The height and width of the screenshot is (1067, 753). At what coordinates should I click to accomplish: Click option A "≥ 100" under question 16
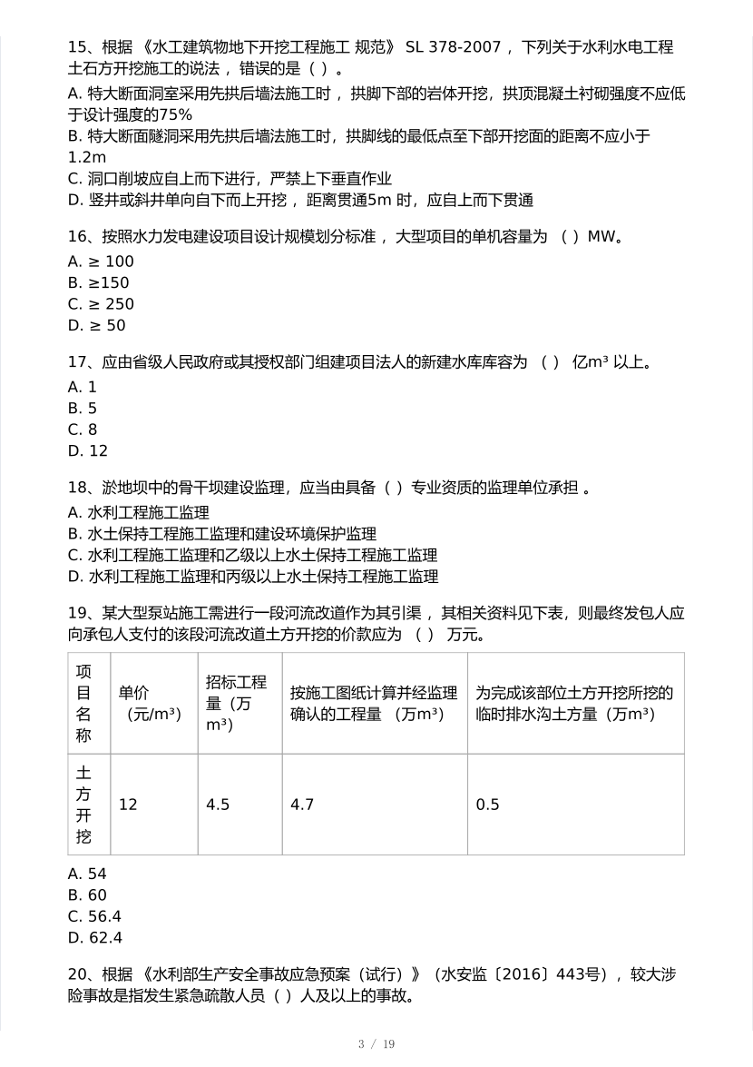pyautogui.click(x=101, y=262)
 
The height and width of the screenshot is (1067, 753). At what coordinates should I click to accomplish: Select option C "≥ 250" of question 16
pyautogui.click(x=101, y=304)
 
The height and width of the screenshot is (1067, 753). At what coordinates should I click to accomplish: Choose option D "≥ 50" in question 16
pyautogui.click(x=97, y=325)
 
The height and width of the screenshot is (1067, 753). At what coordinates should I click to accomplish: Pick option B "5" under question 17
pyautogui.click(x=83, y=408)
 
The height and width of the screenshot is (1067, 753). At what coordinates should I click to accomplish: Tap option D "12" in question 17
pyautogui.click(x=88, y=450)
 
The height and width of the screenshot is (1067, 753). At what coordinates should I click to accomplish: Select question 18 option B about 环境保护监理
pyautogui.click(x=222, y=534)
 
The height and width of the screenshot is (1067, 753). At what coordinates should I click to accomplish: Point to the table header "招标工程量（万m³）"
pyautogui.click(x=237, y=703)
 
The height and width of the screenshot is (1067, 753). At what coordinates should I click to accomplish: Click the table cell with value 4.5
pyautogui.click(x=218, y=805)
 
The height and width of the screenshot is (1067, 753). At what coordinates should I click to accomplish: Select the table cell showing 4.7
pyautogui.click(x=301, y=805)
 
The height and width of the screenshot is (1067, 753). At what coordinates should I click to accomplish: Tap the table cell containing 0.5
pyautogui.click(x=488, y=805)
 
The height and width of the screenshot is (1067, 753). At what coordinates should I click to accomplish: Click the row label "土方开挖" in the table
pyautogui.click(x=83, y=805)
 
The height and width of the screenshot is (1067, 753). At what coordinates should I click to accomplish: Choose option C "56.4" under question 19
pyautogui.click(x=95, y=916)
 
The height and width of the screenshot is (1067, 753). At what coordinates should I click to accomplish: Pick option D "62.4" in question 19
pyautogui.click(x=95, y=937)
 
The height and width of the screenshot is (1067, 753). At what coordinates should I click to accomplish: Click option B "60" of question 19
pyautogui.click(x=88, y=895)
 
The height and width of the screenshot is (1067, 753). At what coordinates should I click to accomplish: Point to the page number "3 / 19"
pyautogui.click(x=376, y=1044)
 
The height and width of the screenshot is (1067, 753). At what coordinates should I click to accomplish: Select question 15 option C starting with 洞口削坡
pyautogui.click(x=230, y=179)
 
